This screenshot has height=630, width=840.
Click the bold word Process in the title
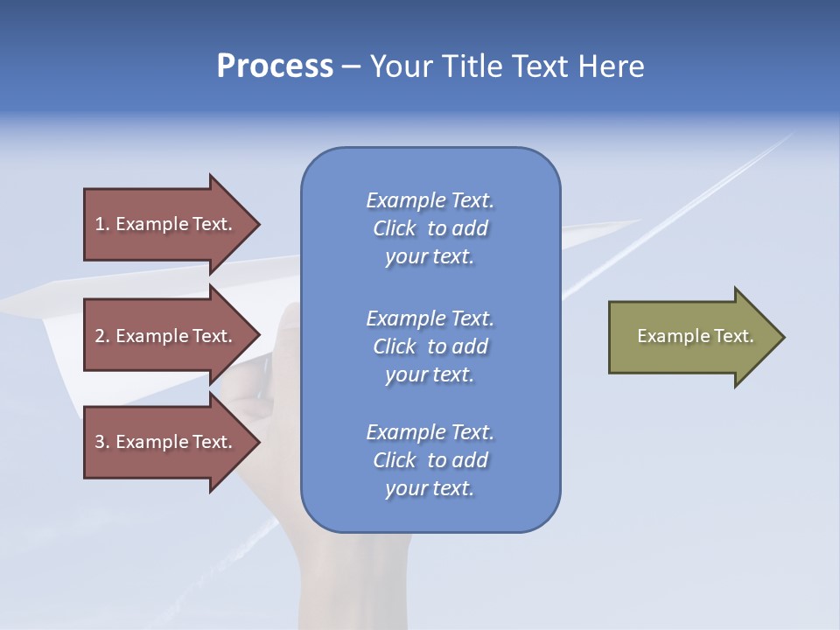275,66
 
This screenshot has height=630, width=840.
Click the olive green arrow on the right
691,337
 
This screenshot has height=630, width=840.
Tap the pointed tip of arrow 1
257,224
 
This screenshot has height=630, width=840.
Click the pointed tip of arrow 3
257,442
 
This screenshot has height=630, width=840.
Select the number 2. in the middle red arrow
101,336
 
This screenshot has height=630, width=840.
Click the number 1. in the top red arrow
101,224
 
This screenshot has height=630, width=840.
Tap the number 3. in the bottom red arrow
101,442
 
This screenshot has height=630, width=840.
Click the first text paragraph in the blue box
430,228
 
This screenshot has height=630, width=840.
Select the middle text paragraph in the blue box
430,346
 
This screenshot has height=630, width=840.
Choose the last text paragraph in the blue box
430,460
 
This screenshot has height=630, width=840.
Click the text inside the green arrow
695,336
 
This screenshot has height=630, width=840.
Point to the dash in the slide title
351,66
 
